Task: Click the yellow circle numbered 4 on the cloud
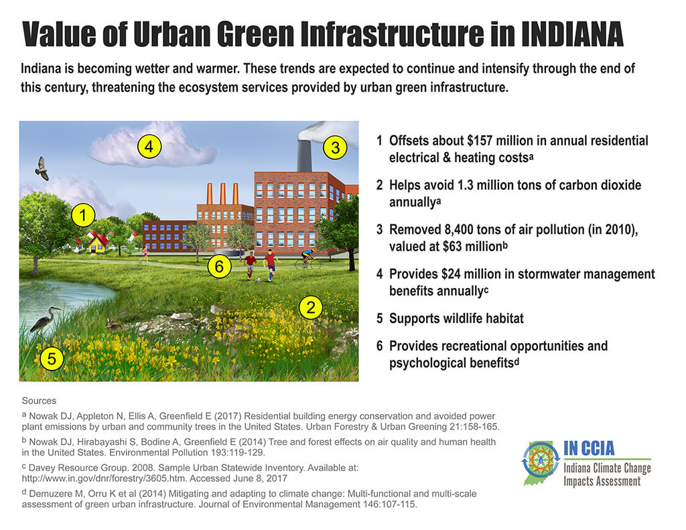click(149, 146)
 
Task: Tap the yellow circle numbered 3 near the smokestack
click(335, 147)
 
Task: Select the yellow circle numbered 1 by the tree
click(83, 215)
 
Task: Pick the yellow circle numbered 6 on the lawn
click(219, 266)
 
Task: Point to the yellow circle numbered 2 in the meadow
click(311, 308)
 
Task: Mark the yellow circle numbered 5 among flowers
click(52, 358)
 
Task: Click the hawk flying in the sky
click(42, 168)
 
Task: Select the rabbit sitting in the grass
click(114, 324)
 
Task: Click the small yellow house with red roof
click(98, 243)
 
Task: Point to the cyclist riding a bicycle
click(307, 259)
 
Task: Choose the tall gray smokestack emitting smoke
click(305, 156)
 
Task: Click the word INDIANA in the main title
click(572, 34)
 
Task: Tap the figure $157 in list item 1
click(480, 141)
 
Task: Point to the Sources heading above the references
click(39, 401)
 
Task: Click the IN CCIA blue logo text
click(589, 448)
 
